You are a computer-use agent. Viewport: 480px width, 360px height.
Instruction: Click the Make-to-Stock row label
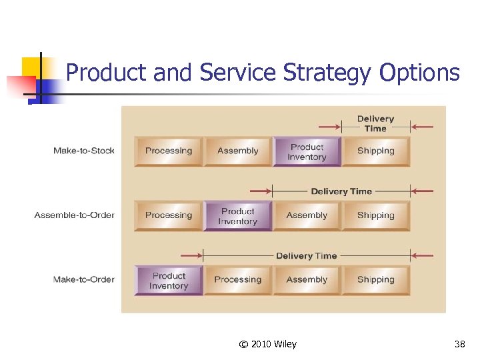(83, 151)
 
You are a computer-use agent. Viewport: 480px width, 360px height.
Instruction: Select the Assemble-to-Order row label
(74, 215)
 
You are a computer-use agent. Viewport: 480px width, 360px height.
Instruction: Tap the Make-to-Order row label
(83, 279)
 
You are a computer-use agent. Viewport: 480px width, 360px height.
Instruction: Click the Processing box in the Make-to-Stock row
(169, 151)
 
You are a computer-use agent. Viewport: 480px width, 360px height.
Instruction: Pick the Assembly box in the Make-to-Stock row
(238, 151)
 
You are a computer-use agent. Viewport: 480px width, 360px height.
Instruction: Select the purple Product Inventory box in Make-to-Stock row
(307, 152)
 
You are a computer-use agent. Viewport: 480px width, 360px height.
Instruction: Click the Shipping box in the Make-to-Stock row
(376, 151)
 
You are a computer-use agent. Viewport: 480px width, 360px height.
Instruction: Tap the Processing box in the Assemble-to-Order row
(169, 215)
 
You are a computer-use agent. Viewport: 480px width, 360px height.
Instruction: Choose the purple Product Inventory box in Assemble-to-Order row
(238, 216)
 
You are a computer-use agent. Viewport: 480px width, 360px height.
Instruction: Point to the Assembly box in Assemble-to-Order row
(307, 215)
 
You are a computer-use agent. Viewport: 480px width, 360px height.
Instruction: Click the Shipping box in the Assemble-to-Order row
(376, 215)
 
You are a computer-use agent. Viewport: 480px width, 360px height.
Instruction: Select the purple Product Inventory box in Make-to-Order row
(169, 281)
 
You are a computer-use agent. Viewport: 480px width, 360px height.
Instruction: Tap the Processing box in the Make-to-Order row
(238, 280)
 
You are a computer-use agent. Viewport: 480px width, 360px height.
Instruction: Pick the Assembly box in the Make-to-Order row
(307, 280)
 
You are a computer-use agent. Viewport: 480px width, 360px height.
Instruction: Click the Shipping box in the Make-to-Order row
(376, 280)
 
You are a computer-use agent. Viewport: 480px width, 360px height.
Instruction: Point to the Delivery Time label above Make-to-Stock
(375, 123)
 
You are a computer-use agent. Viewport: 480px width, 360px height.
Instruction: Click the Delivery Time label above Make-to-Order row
(307, 256)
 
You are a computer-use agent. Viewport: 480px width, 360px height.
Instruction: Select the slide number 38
(459, 344)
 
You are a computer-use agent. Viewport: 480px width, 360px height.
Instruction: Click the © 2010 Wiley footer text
(267, 344)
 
